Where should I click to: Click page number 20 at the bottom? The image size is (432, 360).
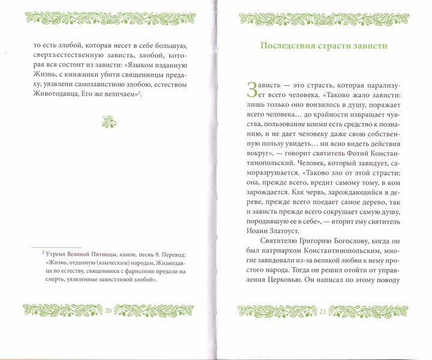[x=109, y=310]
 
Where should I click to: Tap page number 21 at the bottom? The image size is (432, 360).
[x=322, y=311]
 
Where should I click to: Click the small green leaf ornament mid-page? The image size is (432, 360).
[x=109, y=122]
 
